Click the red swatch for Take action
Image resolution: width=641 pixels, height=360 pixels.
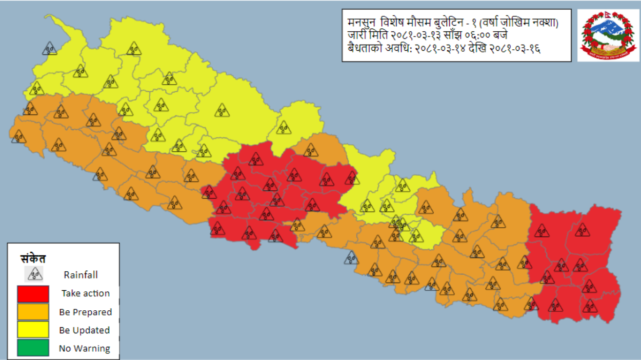pyautogui.click(x=33, y=294)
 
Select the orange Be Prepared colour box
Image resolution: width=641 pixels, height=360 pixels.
pyautogui.click(x=33, y=312)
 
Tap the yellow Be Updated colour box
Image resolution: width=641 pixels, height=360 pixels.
pyautogui.click(x=33, y=330)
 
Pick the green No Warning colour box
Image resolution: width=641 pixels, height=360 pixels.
pyautogui.click(x=33, y=348)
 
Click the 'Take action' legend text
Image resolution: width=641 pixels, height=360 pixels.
pyautogui.click(x=86, y=293)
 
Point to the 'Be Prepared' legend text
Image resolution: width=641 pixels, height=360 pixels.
pyautogui.click(x=85, y=312)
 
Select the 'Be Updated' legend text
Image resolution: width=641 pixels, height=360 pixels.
pyautogui.click(x=84, y=330)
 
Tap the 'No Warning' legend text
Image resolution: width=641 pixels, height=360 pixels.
pyautogui.click(x=84, y=349)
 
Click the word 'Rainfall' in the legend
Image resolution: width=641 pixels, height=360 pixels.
pyautogui.click(x=81, y=275)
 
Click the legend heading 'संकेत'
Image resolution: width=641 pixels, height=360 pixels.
pyautogui.click(x=33, y=258)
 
